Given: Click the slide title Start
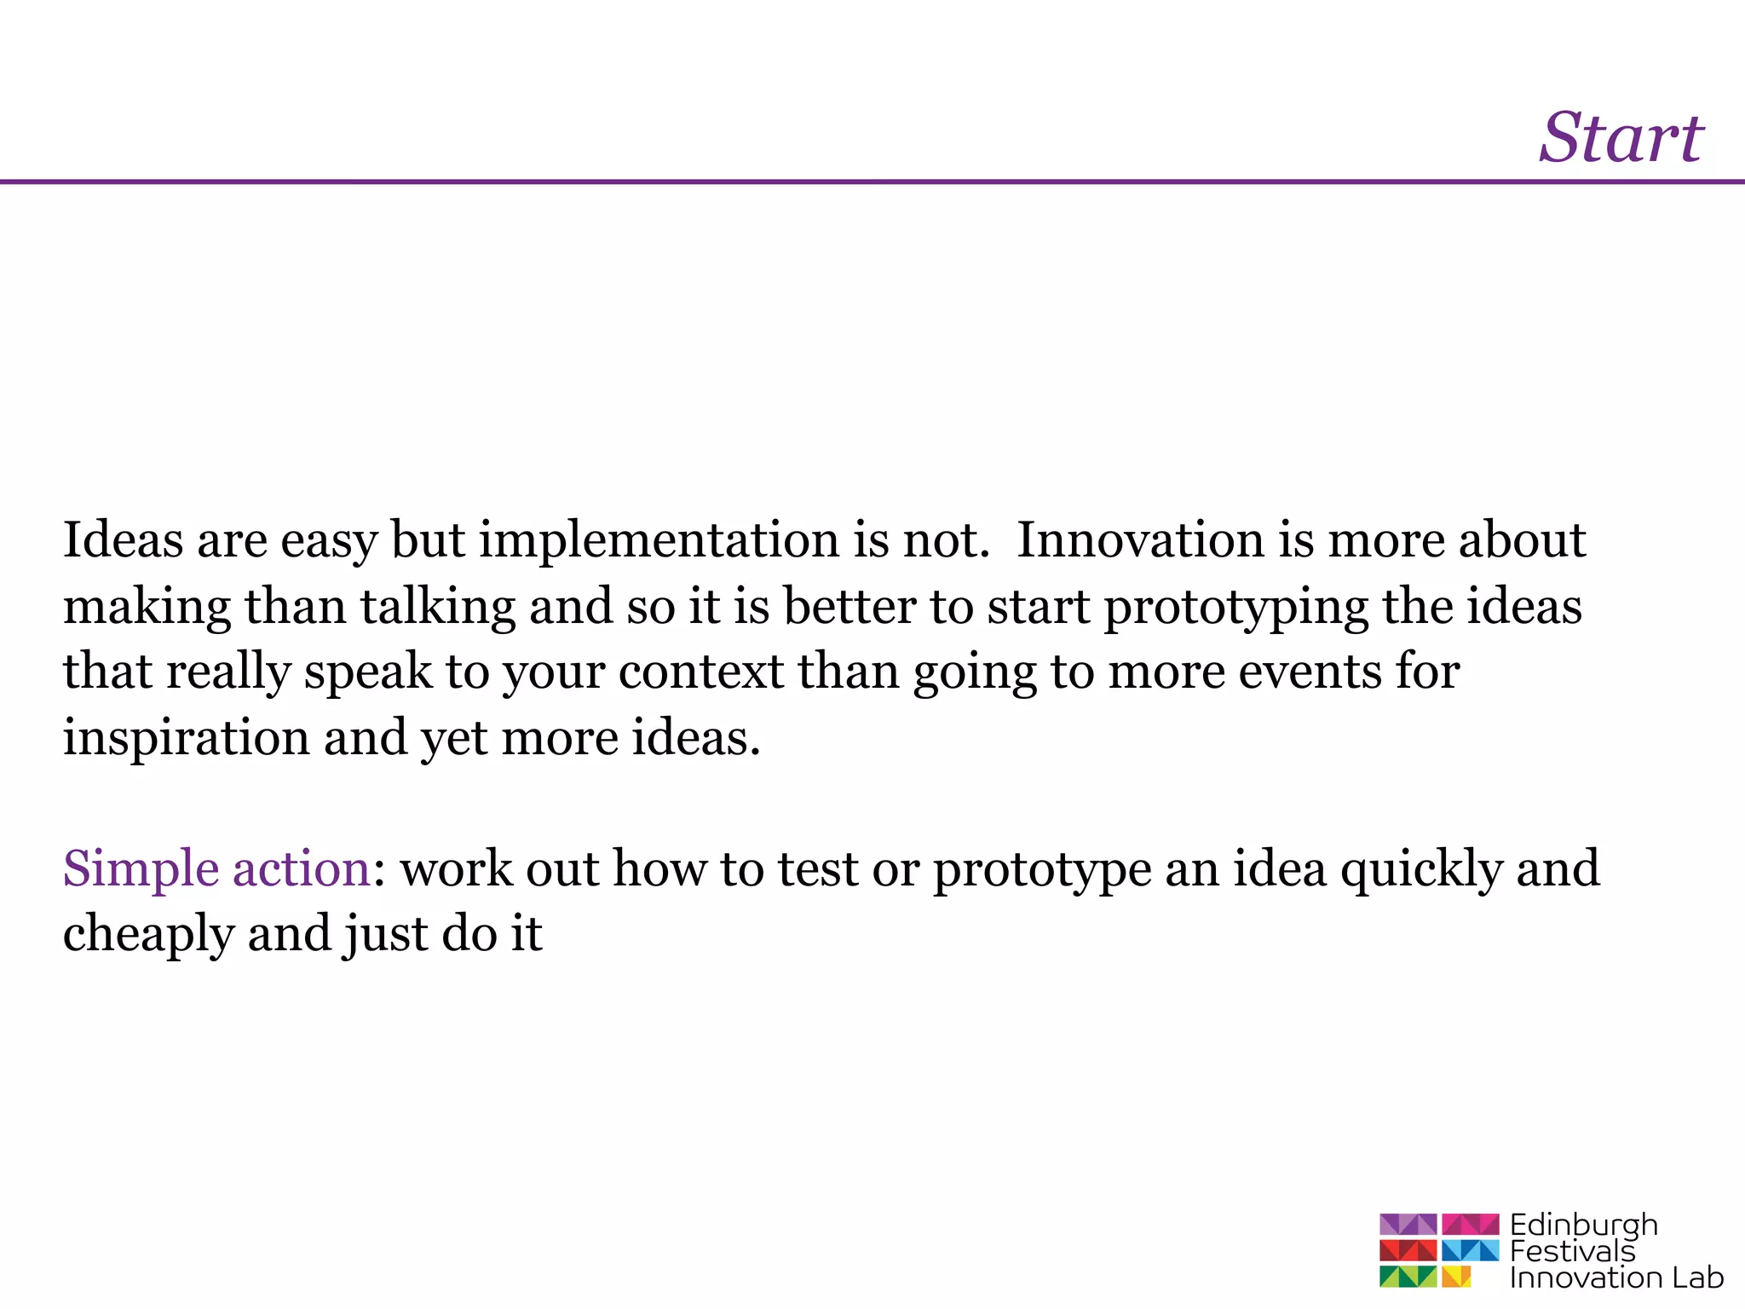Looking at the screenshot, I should tap(1621, 138).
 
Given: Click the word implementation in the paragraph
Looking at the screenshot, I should tap(659, 541).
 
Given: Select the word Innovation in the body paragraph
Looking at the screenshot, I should tap(1139, 539).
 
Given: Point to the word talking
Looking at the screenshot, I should tap(437, 608).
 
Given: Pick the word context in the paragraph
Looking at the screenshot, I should tap(700, 672).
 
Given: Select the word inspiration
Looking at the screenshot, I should tap(186, 738).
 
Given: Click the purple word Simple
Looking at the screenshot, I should tap(141, 870).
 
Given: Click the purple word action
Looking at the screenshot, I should tap(301, 868).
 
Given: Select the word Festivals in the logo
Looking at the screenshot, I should tap(1572, 1251).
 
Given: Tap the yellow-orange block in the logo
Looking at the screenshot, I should tap(1456, 1276).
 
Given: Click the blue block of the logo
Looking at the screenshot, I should tap(1470, 1250).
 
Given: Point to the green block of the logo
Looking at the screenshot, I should tap(1408, 1276).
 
